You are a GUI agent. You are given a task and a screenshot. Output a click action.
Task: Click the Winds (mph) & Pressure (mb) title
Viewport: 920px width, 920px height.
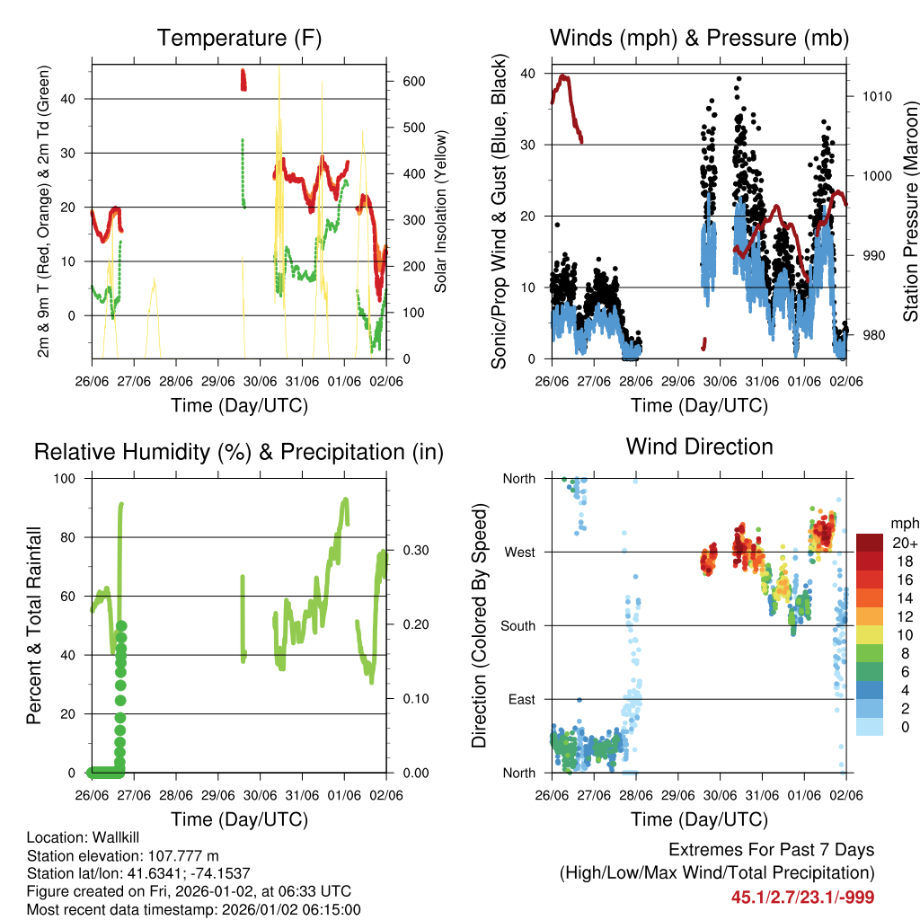[699, 38]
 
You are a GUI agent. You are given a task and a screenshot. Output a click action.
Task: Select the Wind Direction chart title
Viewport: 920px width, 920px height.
[699, 447]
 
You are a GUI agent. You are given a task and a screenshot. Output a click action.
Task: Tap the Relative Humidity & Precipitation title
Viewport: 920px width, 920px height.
[238, 452]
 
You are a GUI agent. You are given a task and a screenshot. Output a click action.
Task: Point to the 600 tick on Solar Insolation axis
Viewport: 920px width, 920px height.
[412, 81]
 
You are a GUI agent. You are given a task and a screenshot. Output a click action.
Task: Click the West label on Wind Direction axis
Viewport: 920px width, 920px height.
[518, 552]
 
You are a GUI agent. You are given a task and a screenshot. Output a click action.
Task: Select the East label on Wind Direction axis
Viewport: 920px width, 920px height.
[520, 699]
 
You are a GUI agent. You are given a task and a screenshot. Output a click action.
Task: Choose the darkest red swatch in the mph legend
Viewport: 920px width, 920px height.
[870, 543]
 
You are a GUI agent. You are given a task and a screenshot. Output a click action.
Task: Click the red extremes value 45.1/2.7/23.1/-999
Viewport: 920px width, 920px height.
[802, 897]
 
